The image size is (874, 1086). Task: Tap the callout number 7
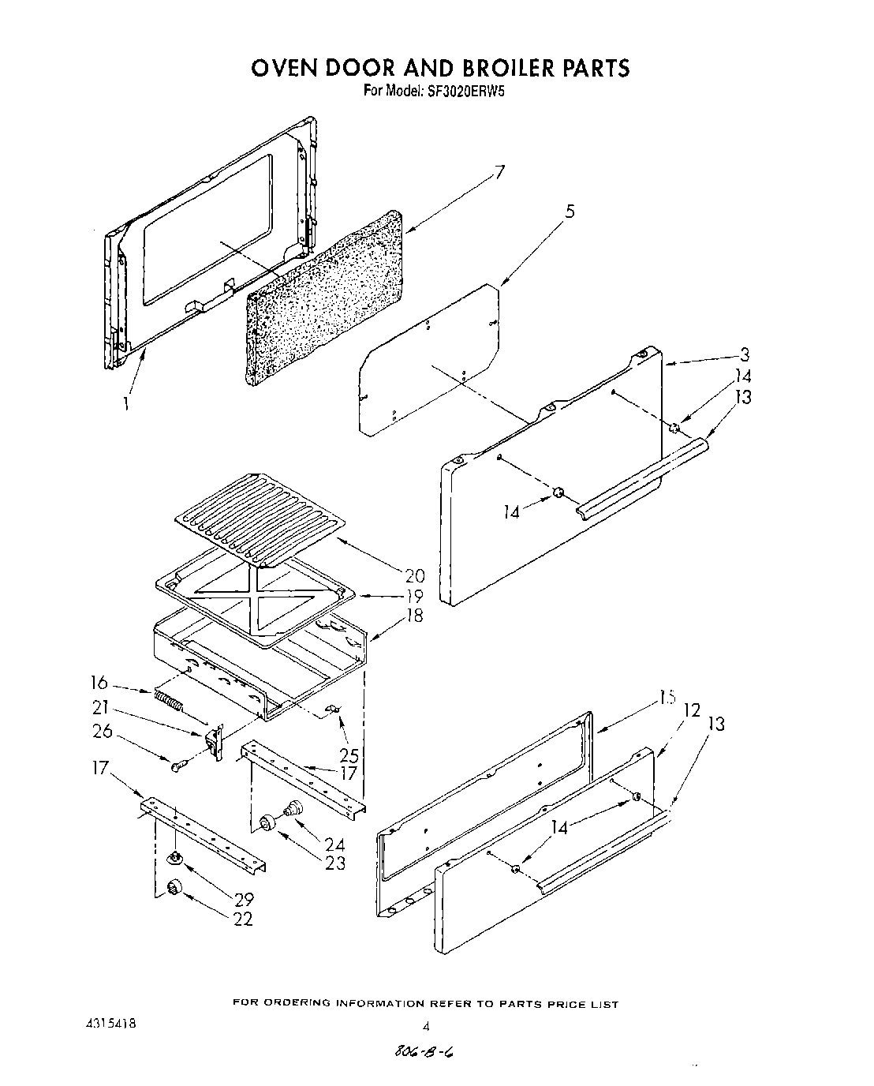tap(498, 173)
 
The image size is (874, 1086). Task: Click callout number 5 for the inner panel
tap(570, 211)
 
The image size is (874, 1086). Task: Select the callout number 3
tap(744, 354)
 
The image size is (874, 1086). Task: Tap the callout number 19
tap(414, 596)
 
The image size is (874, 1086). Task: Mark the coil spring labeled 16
tap(170, 699)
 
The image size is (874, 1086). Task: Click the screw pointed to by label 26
tap(177, 764)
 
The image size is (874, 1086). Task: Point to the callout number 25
tap(348, 755)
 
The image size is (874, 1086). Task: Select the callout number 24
tap(335, 844)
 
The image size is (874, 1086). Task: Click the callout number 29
tap(244, 897)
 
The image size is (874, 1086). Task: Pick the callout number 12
tap(692, 710)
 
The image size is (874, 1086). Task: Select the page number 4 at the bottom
tap(426, 1027)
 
